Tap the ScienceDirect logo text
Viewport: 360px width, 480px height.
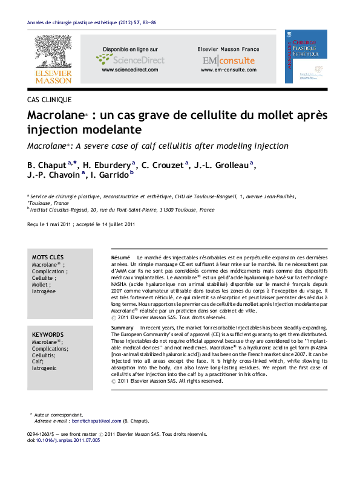125,59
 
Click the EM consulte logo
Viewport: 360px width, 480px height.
220,60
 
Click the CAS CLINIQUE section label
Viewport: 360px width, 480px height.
50,99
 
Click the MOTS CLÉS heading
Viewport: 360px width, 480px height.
47,258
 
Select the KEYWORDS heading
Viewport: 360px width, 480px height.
47,334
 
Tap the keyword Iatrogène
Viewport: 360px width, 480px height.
44,291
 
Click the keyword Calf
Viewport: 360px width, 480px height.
38,362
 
